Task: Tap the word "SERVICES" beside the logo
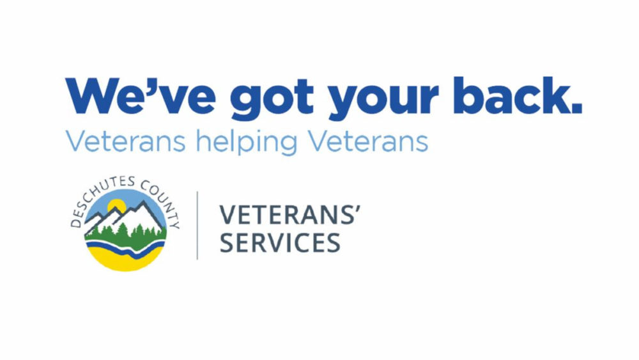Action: point(280,243)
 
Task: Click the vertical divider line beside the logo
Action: point(197,225)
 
